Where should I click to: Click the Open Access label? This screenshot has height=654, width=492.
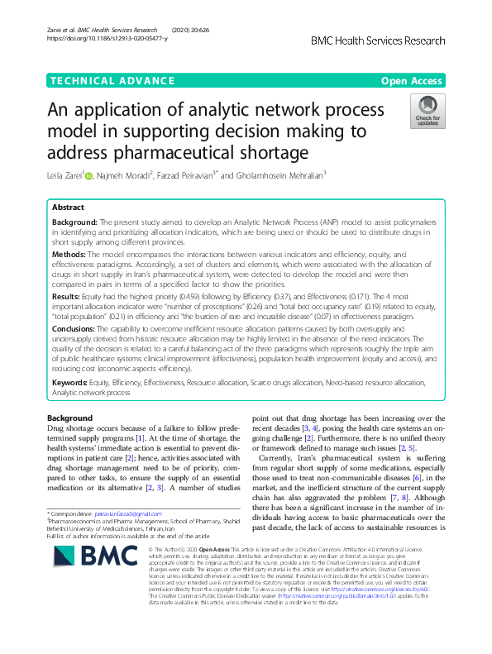click(412, 80)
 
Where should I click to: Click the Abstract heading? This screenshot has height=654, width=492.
click(68, 208)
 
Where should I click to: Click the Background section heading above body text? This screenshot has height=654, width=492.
click(69, 418)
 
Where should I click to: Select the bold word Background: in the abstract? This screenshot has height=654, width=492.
click(75, 223)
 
